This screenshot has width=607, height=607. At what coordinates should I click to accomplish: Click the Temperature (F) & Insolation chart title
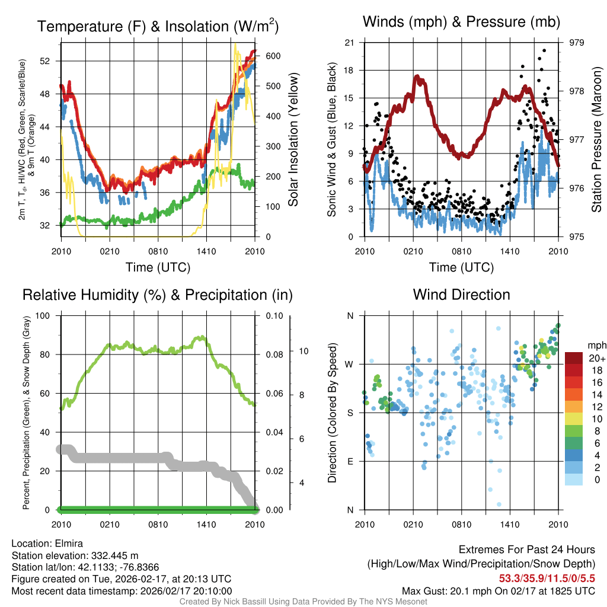(158, 27)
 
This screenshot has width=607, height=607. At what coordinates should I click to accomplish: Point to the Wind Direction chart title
(461, 295)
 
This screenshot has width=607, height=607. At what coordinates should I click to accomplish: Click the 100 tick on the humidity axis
(44, 315)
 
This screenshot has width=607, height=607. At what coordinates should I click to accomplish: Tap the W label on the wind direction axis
(349, 365)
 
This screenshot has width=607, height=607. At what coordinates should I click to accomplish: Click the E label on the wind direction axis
(350, 461)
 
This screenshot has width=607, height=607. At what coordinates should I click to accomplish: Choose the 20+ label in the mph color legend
(596, 359)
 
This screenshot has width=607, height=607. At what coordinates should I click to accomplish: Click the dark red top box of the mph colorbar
(574, 358)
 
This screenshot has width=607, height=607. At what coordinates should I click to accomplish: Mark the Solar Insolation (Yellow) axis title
(293, 139)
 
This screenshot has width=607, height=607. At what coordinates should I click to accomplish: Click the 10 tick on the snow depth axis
(302, 351)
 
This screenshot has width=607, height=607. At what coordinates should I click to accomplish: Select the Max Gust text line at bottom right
(498, 590)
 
